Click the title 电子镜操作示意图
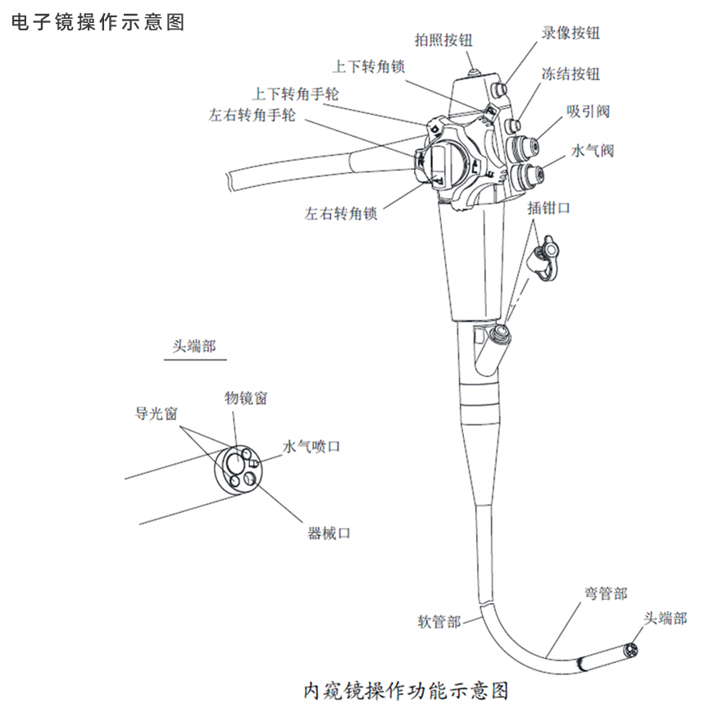98,22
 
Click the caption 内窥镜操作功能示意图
406,690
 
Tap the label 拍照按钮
444,39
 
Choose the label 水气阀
592,151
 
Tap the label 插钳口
549,208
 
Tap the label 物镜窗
246,398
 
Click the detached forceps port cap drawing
544,255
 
